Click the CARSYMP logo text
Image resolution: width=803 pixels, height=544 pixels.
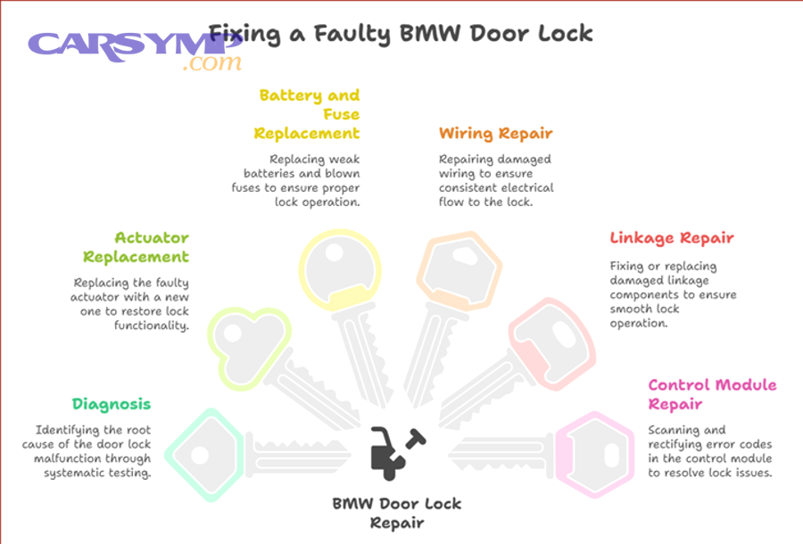point(134,45)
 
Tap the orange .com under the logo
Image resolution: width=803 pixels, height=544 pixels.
point(211,64)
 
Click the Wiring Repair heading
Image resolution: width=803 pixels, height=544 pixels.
point(495,134)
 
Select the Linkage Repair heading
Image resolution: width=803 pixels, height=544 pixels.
point(672,238)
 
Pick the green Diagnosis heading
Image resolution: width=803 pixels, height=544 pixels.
point(112,404)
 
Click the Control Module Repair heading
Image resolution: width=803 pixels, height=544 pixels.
point(712,394)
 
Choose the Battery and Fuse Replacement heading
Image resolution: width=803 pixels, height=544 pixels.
point(307,114)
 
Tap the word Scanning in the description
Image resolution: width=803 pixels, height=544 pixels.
point(675,430)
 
